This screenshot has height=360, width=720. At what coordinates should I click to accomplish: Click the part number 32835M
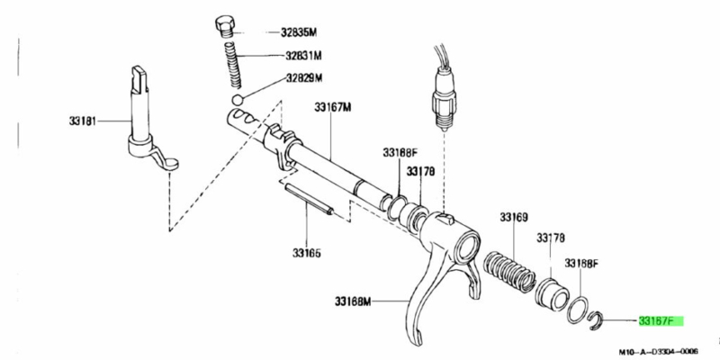[x=300, y=32]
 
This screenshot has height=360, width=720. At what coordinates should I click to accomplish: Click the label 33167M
[x=333, y=108]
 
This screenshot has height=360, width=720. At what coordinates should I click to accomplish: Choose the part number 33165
[x=307, y=252]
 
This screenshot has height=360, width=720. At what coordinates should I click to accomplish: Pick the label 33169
[x=514, y=217]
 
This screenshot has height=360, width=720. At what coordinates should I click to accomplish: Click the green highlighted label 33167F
[x=660, y=319]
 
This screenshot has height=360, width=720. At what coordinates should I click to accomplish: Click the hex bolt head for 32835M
[x=225, y=23]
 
